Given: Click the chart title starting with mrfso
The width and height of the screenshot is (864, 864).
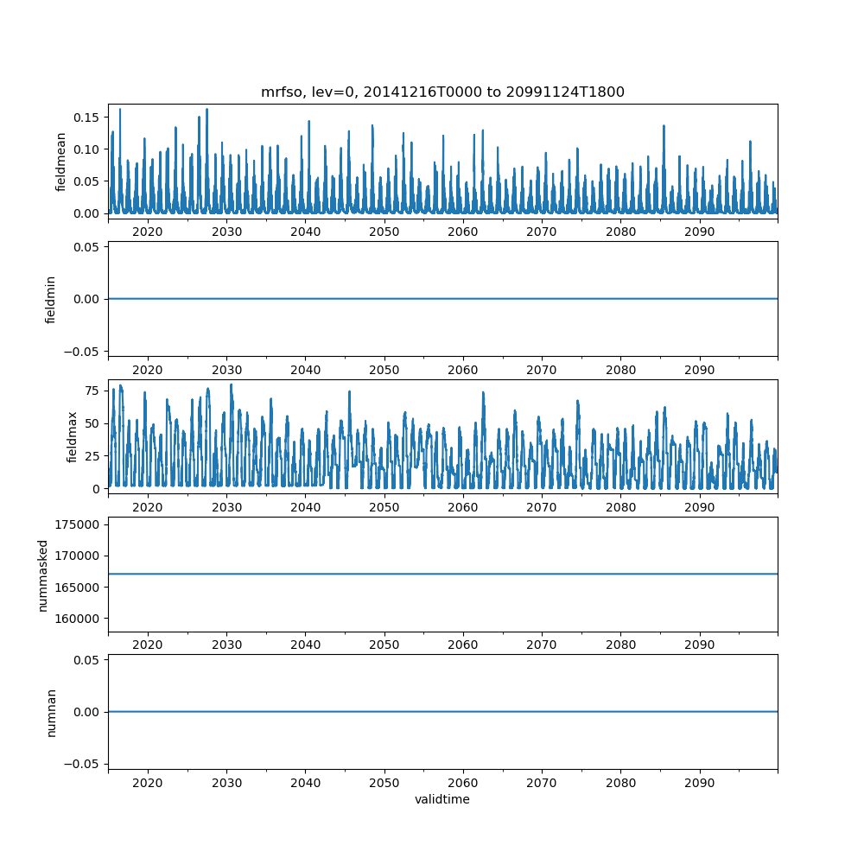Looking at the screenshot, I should [x=442, y=92].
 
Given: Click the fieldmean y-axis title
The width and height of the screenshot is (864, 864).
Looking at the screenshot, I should [x=61, y=162].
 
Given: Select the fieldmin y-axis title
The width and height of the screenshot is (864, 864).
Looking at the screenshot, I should [x=51, y=299].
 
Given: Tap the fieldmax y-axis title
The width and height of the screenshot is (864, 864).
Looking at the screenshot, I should [x=73, y=436].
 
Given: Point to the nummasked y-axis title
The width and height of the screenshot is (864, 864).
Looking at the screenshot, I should [x=42, y=575].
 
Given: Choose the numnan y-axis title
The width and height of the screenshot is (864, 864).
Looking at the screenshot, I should [x=51, y=712].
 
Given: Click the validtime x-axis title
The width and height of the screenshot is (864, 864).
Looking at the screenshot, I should [x=442, y=799].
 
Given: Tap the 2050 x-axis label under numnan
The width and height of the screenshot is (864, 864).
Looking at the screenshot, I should [x=384, y=783].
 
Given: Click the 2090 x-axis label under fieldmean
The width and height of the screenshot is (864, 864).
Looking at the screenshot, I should [x=699, y=232].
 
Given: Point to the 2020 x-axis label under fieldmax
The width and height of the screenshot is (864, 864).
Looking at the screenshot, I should [x=148, y=507].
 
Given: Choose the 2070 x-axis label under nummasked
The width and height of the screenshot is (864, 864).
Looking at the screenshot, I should [x=542, y=645].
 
